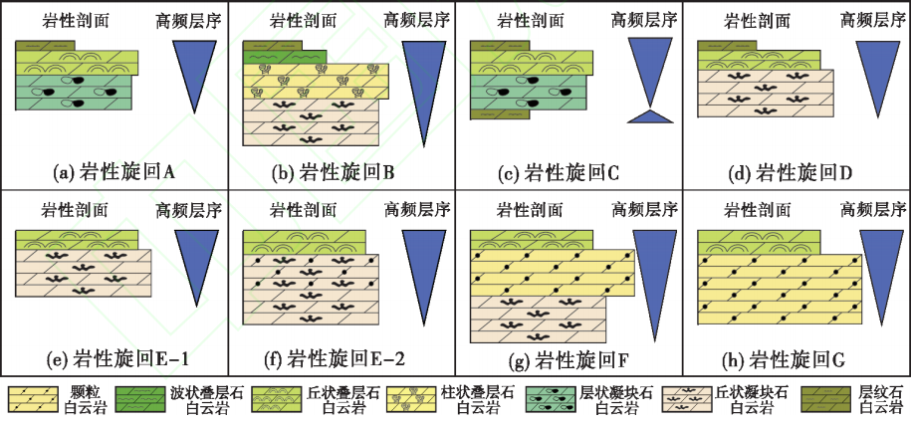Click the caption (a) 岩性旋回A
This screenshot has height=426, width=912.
(x=114, y=172)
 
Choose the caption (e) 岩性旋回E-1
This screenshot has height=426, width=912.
(x=114, y=358)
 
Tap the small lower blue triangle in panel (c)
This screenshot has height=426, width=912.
(x=648, y=115)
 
